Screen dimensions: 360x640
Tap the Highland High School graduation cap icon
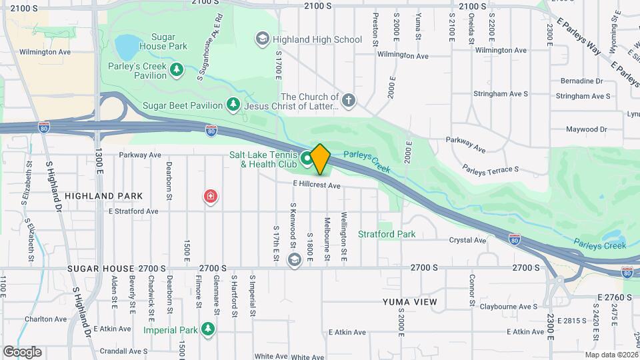click(263, 39)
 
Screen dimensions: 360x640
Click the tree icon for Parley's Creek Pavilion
click(177, 69)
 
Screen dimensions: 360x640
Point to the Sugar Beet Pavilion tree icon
click(233, 104)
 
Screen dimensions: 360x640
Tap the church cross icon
click(349, 101)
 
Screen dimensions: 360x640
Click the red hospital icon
click(211, 197)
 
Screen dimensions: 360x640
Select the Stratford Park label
click(387, 234)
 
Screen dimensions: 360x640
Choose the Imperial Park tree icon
click(209, 329)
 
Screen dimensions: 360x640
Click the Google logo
click(22, 351)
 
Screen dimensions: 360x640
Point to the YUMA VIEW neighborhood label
click(410, 302)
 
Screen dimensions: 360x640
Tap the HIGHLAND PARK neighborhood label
click(104, 196)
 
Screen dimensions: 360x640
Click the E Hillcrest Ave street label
click(316, 185)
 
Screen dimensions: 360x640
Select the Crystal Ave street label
click(468, 240)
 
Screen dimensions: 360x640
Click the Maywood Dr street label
click(587, 129)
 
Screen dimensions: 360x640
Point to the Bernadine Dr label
click(581, 81)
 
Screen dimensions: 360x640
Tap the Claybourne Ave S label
click(509, 307)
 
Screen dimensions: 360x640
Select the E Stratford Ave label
click(133, 211)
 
